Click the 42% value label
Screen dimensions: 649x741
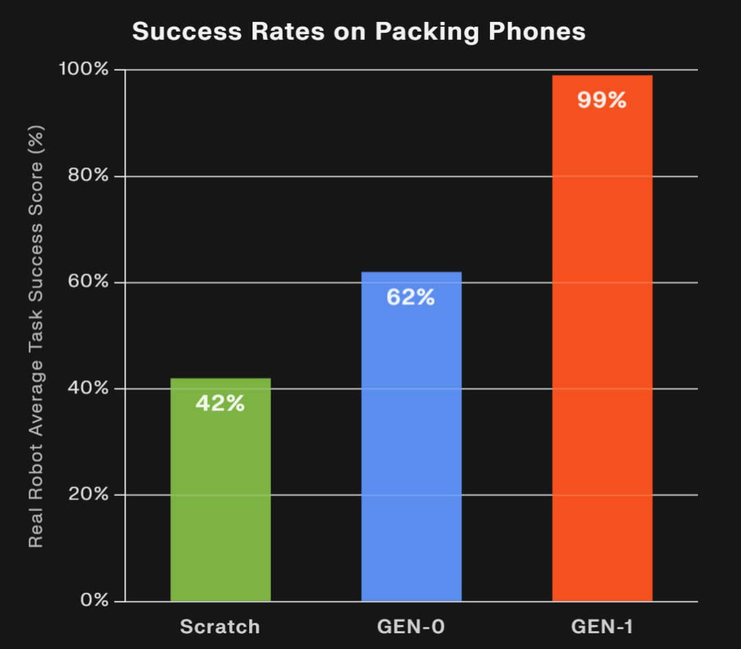pos(220,403)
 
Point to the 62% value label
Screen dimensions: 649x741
pos(411,297)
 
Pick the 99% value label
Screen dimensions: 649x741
pos(602,100)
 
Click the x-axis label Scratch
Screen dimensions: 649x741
pos(220,626)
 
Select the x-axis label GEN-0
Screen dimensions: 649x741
pos(411,626)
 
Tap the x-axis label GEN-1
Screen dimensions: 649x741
pos(602,626)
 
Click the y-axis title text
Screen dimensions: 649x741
pos(36,336)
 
